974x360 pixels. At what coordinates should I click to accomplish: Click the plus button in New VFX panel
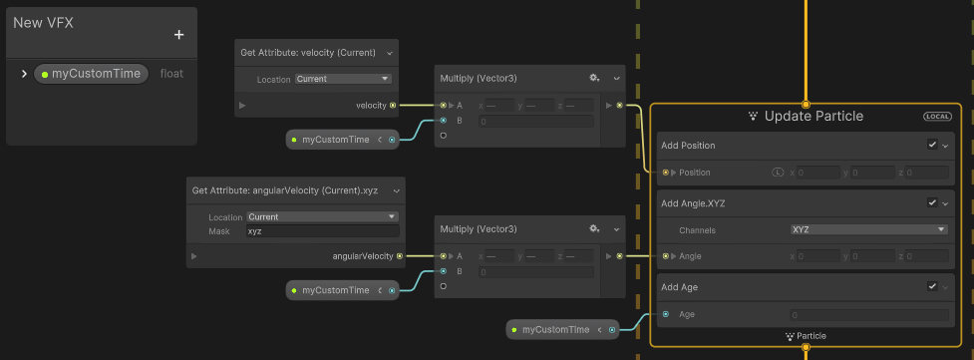coord(179,35)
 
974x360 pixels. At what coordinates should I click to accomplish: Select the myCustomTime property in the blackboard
coord(95,74)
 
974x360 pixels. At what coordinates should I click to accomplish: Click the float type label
coord(171,74)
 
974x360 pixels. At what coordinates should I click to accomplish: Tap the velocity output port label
coord(371,105)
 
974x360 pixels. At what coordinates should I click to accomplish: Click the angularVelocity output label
coord(363,256)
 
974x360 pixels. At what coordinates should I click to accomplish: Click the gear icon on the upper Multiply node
coord(594,77)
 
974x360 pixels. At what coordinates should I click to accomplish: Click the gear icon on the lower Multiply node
coord(594,228)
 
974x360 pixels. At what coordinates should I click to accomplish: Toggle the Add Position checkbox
coord(932,145)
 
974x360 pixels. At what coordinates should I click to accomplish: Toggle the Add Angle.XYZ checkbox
coord(932,202)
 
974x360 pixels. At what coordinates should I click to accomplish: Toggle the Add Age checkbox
coord(932,287)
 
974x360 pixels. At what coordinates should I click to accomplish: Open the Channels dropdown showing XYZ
coord(867,229)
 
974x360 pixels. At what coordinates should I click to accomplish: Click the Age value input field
coord(867,315)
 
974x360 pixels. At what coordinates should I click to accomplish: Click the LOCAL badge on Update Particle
coord(937,117)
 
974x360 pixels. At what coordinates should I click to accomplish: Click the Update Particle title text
coord(813,117)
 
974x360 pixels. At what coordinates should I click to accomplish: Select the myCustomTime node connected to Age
coord(555,329)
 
